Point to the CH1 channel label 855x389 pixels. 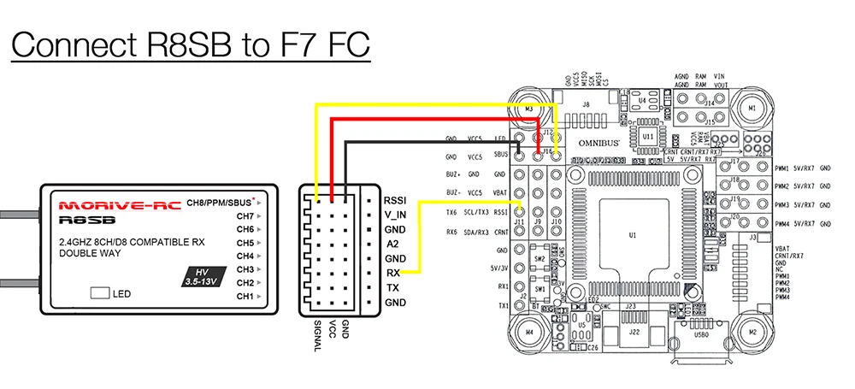(245, 296)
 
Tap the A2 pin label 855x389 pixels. (392, 244)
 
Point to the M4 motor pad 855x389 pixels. (529, 331)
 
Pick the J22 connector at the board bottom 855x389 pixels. (634, 333)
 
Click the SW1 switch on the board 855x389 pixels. (540, 289)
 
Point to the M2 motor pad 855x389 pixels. (752, 331)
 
